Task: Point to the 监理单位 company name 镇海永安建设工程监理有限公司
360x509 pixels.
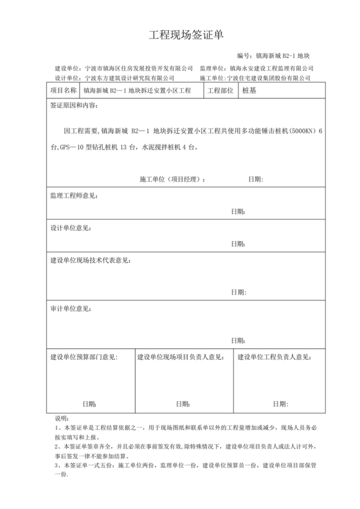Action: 272,68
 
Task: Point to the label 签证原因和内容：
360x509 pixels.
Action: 73,105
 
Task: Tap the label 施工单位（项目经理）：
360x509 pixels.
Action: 172,178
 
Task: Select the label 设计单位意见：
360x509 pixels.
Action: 71,228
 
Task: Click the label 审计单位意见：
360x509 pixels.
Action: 71,308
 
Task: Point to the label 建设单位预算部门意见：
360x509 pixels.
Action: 84,357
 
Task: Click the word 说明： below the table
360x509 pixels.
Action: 62,418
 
